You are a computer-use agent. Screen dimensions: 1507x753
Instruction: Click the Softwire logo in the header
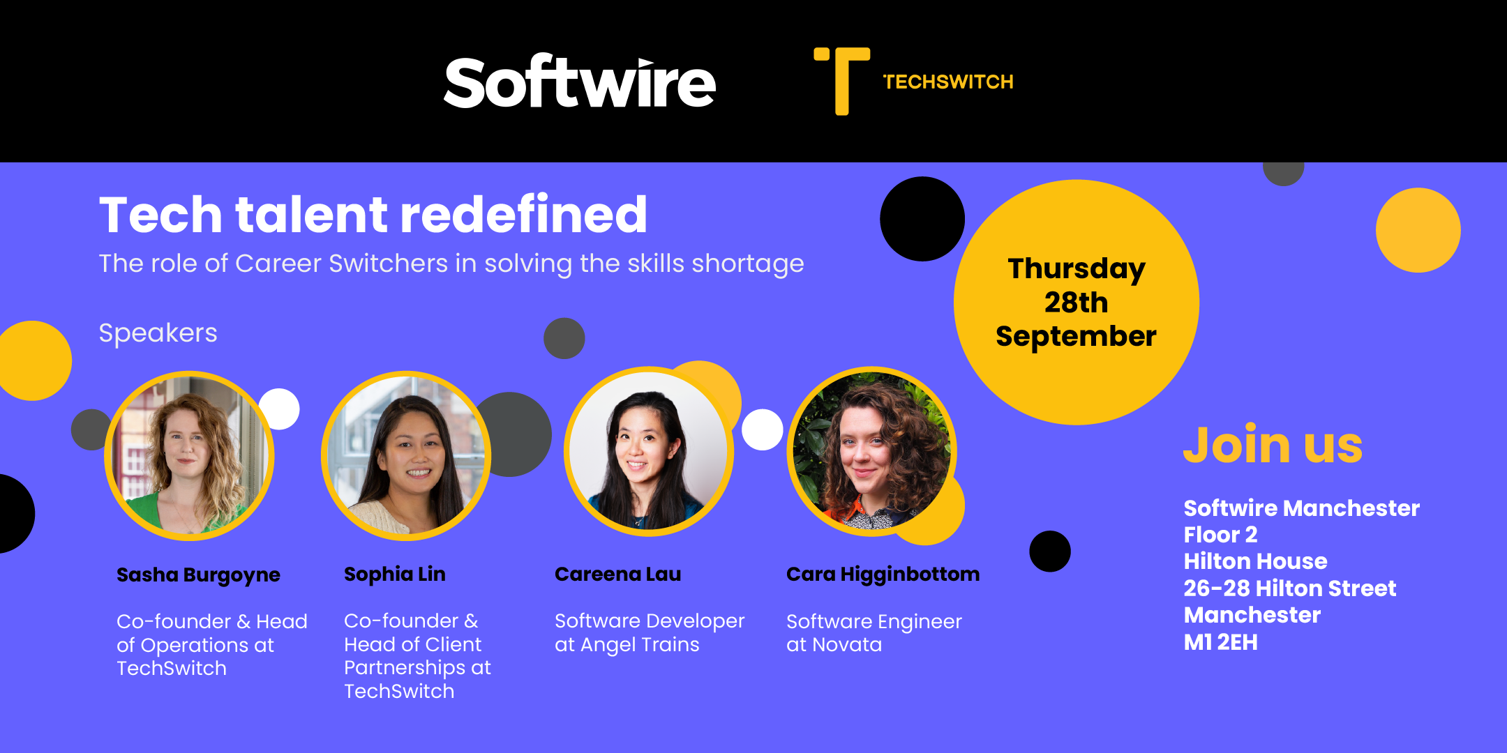pyautogui.click(x=580, y=82)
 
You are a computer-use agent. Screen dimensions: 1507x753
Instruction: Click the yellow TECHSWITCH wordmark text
pyautogui.click(x=948, y=82)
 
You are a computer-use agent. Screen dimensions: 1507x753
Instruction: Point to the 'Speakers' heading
pyautogui.click(x=158, y=333)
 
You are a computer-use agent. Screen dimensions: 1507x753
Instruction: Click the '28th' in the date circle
pyautogui.click(x=1076, y=303)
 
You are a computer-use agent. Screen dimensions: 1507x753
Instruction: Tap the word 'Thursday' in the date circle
pyautogui.click(x=1077, y=269)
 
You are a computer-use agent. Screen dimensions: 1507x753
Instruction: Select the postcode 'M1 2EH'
pyautogui.click(x=1221, y=642)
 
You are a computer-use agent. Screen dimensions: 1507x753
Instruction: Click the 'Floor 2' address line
pyautogui.click(x=1221, y=535)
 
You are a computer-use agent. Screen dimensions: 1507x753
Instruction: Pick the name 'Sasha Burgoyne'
pyautogui.click(x=198, y=575)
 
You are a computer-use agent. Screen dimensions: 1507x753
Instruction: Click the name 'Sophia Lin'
pyautogui.click(x=395, y=575)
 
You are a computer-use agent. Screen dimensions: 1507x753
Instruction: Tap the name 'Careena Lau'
pyautogui.click(x=618, y=575)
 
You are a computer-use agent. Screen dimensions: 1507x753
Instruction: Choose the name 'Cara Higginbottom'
pyautogui.click(x=883, y=575)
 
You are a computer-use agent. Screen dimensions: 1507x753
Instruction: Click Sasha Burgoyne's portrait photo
pyautogui.click(x=189, y=456)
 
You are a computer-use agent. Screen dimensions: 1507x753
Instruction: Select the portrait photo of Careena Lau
pyautogui.click(x=649, y=452)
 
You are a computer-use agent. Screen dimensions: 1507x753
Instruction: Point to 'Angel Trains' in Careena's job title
pyautogui.click(x=640, y=646)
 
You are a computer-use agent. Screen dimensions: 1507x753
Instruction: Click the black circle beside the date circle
pyautogui.click(x=922, y=219)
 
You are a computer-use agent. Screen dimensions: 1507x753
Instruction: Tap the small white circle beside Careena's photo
pyautogui.click(x=762, y=429)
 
